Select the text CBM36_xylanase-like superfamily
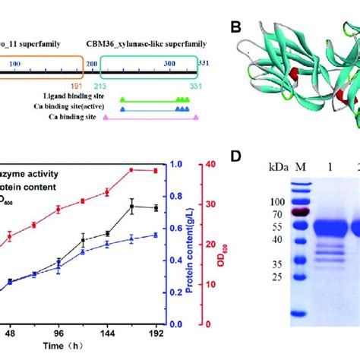coord(144,45)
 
